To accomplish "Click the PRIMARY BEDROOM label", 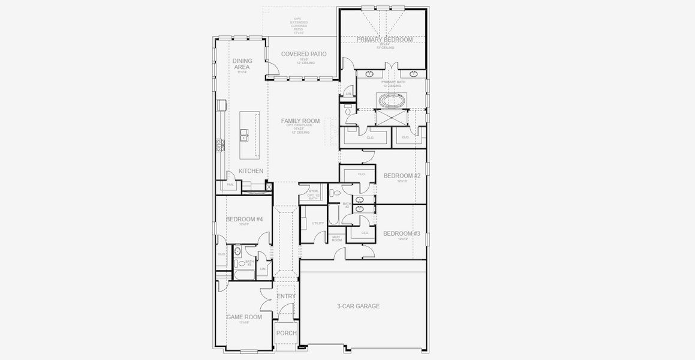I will click(384, 40).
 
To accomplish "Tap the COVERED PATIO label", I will click(303, 54).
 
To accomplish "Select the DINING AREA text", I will click(242, 64).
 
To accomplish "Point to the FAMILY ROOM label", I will click(300, 121).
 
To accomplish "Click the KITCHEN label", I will click(251, 171).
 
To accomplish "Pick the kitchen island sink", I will click(245, 137).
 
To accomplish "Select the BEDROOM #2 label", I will click(402, 176).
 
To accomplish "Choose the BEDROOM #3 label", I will click(402, 233).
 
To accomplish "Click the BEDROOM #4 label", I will click(244, 220).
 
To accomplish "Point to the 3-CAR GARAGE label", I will click(358, 306).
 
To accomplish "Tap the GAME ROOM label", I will click(244, 317).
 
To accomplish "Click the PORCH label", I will click(286, 334).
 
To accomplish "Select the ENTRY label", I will click(286, 296).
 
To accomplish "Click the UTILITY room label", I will click(318, 223).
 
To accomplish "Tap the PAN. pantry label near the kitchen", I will click(230, 185).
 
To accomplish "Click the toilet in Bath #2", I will click(337, 193).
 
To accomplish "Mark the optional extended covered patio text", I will click(299, 24).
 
